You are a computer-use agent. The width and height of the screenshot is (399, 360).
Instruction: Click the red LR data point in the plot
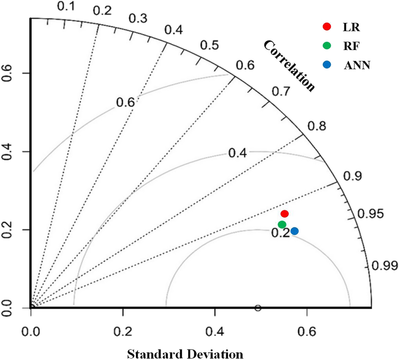(x=284, y=214)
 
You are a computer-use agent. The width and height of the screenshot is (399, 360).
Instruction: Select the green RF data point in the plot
(x=282, y=225)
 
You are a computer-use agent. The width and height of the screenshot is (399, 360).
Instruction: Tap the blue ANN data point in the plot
(x=295, y=231)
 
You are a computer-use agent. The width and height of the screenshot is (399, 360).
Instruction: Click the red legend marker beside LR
(x=327, y=27)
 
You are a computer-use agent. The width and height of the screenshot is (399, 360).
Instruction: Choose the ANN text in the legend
(x=356, y=66)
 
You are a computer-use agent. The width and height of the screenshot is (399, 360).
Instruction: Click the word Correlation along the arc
(x=289, y=66)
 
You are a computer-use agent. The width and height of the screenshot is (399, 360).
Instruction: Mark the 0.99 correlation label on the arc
(x=384, y=265)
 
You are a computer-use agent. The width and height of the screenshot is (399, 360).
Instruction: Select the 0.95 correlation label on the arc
(x=371, y=215)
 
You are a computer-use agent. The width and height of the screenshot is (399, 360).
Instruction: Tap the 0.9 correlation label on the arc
(x=352, y=176)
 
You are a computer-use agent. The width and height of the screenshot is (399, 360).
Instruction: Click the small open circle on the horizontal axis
(x=258, y=308)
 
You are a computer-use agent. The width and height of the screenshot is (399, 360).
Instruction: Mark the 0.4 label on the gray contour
(x=238, y=153)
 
